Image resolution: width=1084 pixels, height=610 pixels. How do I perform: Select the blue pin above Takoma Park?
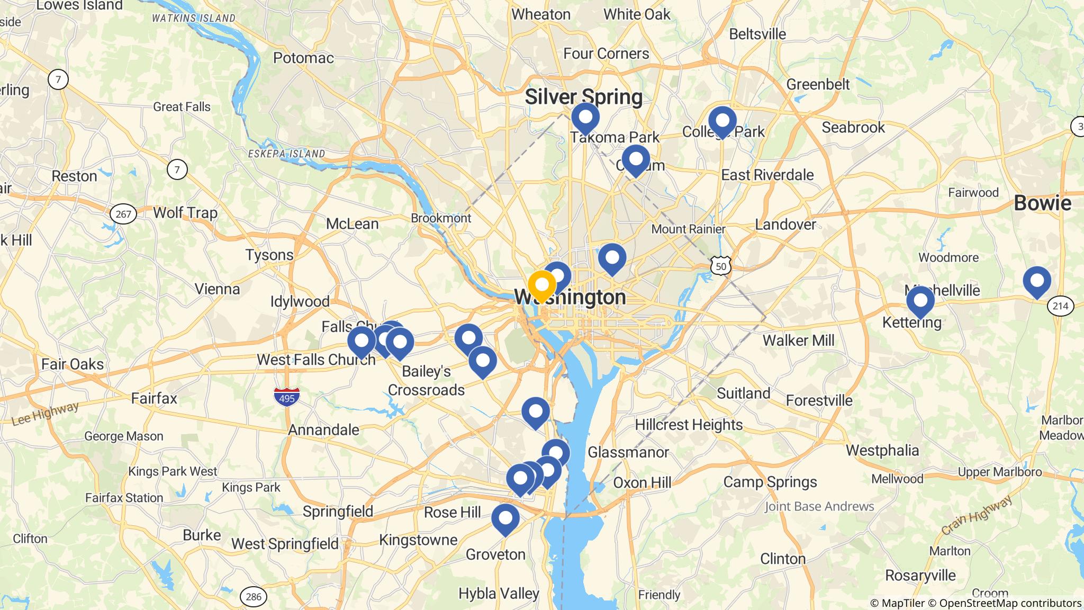pyautogui.click(x=585, y=117)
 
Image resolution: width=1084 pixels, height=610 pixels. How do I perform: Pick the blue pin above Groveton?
pyautogui.click(x=505, y=518)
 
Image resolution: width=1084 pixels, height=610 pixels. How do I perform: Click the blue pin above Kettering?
pyautogui.click(x=920, y=301)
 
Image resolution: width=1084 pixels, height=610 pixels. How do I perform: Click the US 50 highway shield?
pyautogui.click(x=721, y=266)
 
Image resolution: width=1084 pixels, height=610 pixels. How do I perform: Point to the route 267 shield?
pyautogui.click(x=123, y=214)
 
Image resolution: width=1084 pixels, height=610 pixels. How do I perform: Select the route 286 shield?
pyautogui.click(x=254, y=597)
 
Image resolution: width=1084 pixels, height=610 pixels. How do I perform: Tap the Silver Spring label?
pyautogui.click(x=583, y=97)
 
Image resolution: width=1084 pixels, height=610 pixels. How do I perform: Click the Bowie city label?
pyautogui.click(x=1042, y=203)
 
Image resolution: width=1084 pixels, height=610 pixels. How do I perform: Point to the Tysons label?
pyautogui.click(x=269, y=255)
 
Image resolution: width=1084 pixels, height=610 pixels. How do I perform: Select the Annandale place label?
pyautogui.click(x=323, y=429)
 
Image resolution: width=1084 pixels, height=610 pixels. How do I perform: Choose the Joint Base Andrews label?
pyautogui.click(x=819, y=506)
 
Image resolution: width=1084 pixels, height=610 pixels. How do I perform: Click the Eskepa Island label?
pyautogui.click(x=286, y=154)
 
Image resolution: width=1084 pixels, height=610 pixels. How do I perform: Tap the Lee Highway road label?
pyautogui.click(x=45, y=414)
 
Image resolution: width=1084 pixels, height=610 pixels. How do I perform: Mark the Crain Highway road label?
pyautogui.click(x=977, y=514)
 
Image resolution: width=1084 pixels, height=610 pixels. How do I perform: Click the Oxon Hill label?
pyautogui.click(x=642, y=482)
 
